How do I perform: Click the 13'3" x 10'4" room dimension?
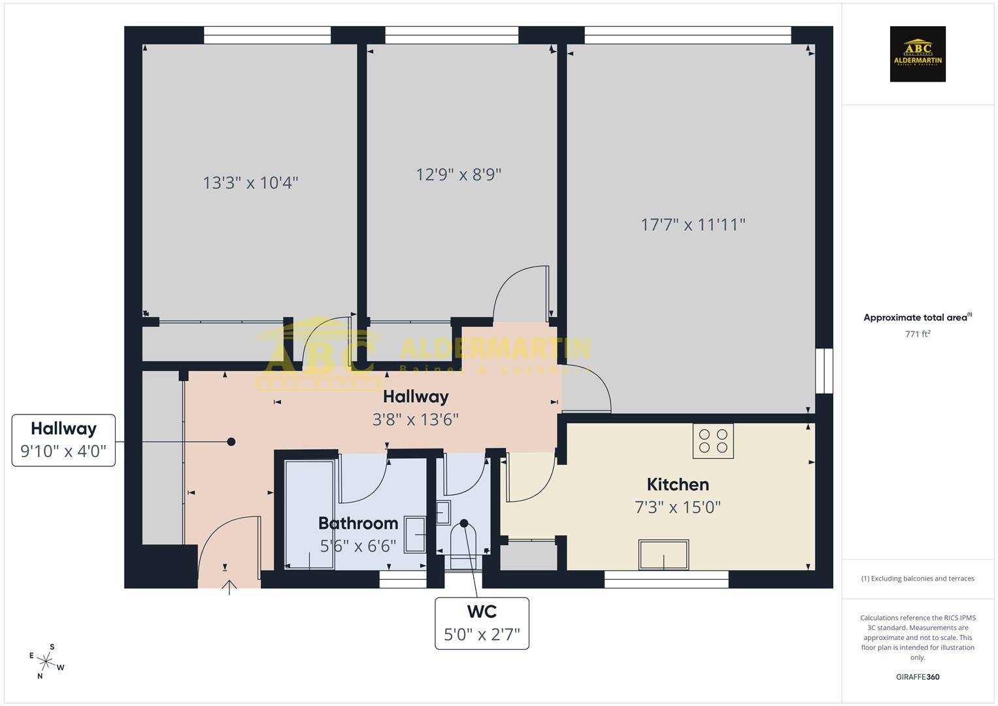[x=250, y=182]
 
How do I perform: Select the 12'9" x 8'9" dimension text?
[x=459, y=175]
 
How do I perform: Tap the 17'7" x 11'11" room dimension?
[x=693, y=225]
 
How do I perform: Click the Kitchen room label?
[x=678, y=484]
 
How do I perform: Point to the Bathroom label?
[x=358, y=523]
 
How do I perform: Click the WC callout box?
[x=482, y=623]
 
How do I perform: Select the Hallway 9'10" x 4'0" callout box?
[x=63, y=440]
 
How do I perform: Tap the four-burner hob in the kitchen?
[x=713, y=441]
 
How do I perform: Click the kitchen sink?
[x=663, y=555]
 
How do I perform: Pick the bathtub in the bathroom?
[x=310, y=514]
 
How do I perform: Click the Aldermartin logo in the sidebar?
[x=918, y=54]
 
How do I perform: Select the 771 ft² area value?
[x=918, y=334]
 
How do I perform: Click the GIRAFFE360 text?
[x=918, y=677]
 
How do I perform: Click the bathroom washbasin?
[x=415, y=534]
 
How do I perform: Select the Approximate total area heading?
[x=916, y=318]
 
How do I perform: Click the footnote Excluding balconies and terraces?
[x=918, y=579]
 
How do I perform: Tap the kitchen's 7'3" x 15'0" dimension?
[x=678, y=507]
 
